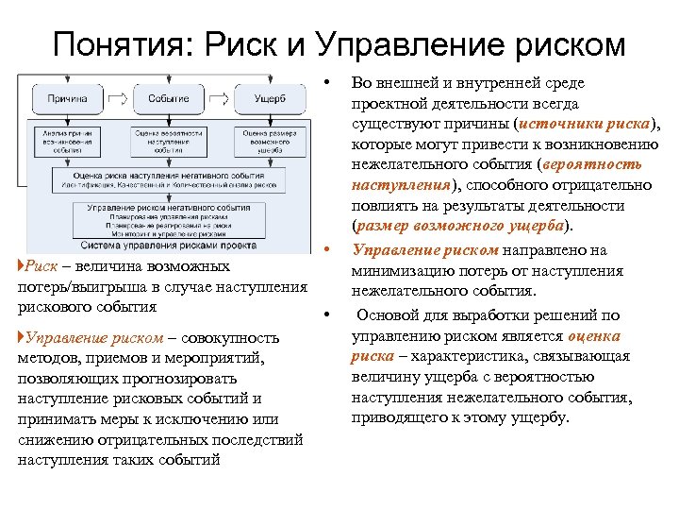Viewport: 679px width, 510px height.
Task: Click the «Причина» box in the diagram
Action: [65, 98]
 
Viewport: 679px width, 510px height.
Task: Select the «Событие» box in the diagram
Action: [168, 98]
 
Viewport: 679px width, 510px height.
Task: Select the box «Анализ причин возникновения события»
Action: [66, 141]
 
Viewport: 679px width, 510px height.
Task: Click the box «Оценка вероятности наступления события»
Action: [168, 141]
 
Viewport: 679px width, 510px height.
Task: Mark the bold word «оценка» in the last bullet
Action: [595, 336]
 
